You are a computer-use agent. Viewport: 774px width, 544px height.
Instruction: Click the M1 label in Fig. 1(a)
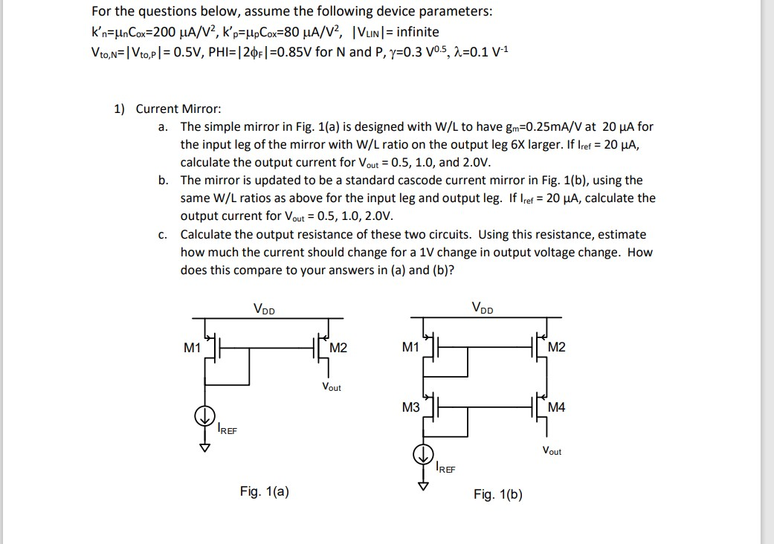tap(193, 347)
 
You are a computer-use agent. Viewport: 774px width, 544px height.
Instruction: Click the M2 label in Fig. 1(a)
tap(338, 348)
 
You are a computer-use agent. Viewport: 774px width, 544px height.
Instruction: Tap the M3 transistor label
tap(410, 407)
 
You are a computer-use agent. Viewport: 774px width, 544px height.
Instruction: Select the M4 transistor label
tap(556, 407)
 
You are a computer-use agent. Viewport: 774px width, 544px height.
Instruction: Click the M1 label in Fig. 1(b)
tap(410, 347)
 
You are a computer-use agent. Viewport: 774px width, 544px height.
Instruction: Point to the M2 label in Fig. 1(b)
tap(556, 347)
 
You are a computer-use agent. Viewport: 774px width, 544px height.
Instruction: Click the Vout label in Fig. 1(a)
tap(332, 387)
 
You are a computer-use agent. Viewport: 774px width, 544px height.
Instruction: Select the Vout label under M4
tap(552, 451)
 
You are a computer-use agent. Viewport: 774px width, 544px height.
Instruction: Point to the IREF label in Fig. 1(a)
tap(227, 429)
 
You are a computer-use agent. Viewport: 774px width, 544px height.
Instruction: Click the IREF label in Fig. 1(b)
tap(446, 468)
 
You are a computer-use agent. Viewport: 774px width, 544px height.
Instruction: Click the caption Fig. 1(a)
tap(265, 490)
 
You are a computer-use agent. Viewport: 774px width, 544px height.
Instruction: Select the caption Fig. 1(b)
tap(497, 494)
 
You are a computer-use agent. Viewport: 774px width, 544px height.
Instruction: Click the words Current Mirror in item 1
tap(178, 109)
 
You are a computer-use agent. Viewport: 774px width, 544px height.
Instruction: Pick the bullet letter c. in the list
tap(163, 235)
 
